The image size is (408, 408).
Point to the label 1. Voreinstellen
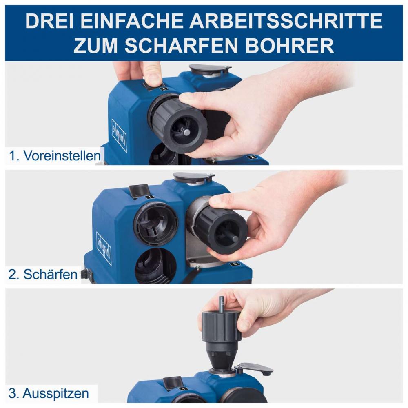[55, 156]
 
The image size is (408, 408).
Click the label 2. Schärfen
[43, 274]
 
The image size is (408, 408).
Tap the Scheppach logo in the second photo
[104, 248]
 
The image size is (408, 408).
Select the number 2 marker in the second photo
[234, 264]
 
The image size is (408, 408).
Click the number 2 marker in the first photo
[252, 157]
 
